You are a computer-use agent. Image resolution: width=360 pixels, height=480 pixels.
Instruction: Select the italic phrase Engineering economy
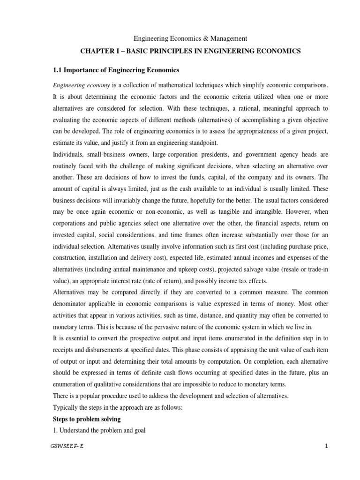[80, 86]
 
